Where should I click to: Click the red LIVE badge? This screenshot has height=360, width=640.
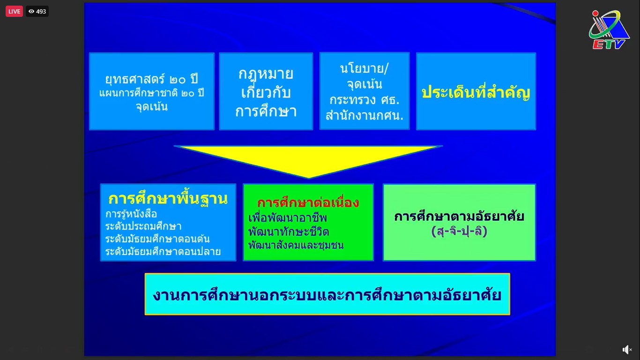tap(14, 11)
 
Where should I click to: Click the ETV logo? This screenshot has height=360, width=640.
tap(609, 30)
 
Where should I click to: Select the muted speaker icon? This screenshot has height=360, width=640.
tap(627, 349)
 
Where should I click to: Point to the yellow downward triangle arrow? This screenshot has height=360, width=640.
tap(308, 161)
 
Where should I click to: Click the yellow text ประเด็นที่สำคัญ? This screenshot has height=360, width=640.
tap(476, 92)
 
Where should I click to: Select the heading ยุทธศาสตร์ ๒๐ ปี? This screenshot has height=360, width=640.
tap(151, 79)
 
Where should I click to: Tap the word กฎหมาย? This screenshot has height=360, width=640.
tap(266, 74)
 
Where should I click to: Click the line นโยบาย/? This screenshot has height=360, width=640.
tap(365, 68)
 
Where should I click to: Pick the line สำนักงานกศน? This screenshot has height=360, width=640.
tap(365, 115)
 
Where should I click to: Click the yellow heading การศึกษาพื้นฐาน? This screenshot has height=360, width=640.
tap(168, 199)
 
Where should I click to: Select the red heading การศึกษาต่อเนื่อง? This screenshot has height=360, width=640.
tap(308, 202)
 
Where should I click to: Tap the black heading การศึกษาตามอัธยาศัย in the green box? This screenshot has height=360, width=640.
tap(459, 217)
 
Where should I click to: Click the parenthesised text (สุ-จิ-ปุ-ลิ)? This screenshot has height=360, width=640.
tap(459, 231)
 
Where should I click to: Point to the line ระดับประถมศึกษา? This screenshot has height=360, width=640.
tap(143, 226)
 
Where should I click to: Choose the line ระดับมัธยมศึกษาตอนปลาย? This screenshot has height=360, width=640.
tap(163, 252)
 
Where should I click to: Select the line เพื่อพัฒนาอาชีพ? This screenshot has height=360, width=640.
tap(287, 218)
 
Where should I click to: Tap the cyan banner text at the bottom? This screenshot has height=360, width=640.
tap(327, 295)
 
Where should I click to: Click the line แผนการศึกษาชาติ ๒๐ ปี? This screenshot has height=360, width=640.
tap(151, 93)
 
